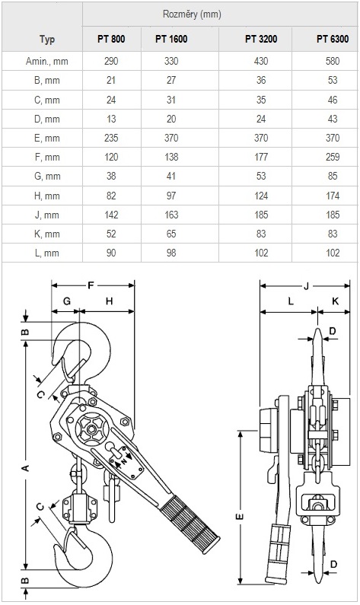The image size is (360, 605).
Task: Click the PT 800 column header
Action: point(111,39)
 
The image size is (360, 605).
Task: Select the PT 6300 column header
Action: point(333,39)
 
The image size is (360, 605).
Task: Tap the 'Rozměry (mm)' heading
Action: point(192,14)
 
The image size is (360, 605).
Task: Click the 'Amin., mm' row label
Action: point(46,62)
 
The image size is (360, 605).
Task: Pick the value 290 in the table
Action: point(111,62)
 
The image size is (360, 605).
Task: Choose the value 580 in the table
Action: point(333,62)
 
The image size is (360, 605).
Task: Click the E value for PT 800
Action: point(111,139)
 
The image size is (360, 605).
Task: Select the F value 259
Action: point(333,157)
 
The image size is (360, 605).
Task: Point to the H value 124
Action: point(261,196)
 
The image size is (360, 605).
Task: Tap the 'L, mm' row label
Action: point(46,253)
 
